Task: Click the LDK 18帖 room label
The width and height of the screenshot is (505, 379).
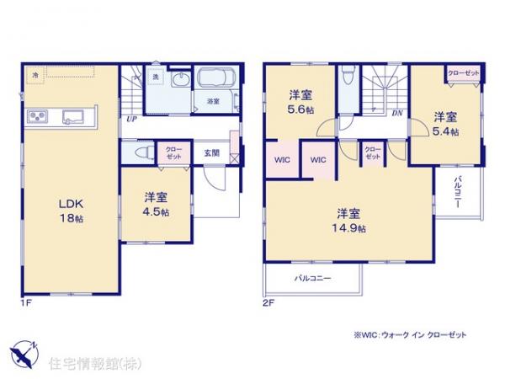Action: pos(68,208)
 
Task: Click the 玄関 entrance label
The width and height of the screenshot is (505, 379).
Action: pos(211,154)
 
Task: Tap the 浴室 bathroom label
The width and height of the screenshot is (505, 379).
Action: pos(213,101)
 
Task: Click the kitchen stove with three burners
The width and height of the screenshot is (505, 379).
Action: pos(39,115)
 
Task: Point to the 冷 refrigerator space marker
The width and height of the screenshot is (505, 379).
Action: pos(36,73)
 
